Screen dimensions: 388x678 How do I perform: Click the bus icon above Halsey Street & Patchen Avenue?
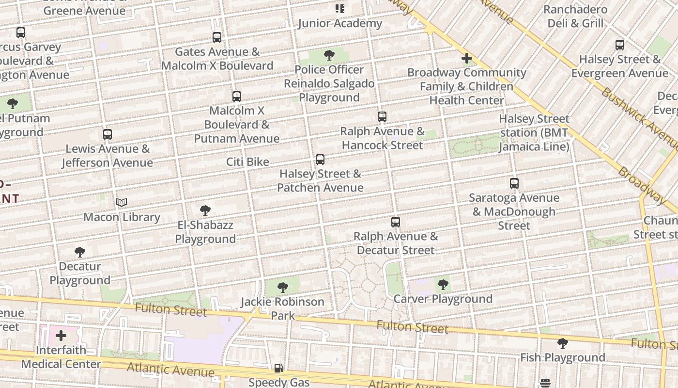(x=320, y=160)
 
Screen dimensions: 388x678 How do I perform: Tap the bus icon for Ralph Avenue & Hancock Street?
(x=382, y=117)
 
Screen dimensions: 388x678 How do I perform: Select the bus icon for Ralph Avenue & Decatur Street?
(x=396, y=222)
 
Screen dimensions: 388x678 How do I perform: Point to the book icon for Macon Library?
(x=122, y=203)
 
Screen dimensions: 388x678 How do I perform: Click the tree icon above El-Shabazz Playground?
(x=205, y=210)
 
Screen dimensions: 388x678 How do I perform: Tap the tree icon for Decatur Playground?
(x=80, y=252)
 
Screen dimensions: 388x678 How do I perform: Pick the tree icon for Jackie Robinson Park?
(x=283, y=288)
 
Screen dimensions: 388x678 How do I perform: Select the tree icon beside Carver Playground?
(x=443, y=285)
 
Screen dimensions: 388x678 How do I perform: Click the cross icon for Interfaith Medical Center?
(x=61, y=336)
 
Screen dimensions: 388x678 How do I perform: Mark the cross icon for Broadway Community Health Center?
(x=467, y=59)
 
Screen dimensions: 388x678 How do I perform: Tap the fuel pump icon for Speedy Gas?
(x=278, y=368)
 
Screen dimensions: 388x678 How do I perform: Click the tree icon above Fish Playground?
(x=562, y=343)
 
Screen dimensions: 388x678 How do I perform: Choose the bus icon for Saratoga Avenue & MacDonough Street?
(x=514, y=183)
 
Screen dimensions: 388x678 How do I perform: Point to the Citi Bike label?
(x=247, y=162)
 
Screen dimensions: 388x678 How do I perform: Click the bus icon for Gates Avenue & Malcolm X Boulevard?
(x=217, y=37)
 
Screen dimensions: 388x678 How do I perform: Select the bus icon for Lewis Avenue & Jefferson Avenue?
(x=108, y=134)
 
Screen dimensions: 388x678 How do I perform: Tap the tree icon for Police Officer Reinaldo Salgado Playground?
(x=329, y=55)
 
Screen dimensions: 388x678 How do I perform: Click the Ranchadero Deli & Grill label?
(x=575, y=16)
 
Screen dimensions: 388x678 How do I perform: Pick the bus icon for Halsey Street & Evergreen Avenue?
(x=620, y=45)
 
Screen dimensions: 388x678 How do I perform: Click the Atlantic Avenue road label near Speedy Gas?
(x=170, y=370)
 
